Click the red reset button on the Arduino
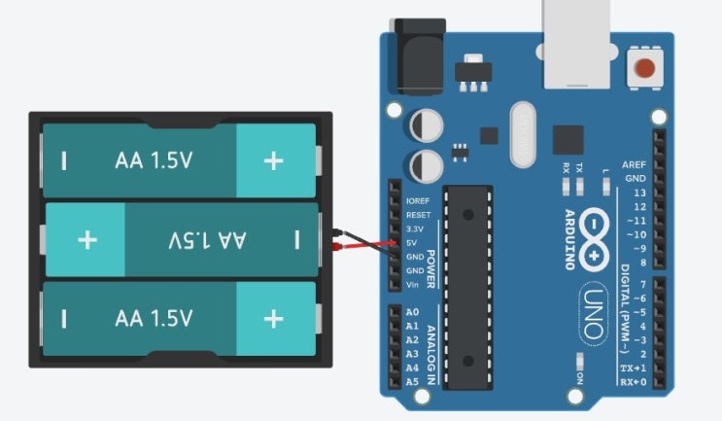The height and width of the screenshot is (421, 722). pos(643,69)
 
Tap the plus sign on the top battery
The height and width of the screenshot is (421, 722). pos(274,159)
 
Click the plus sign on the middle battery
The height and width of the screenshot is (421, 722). pos(87,239)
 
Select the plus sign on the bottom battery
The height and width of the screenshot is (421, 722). pos(274,318)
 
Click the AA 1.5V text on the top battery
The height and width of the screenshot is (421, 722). pos(154,159)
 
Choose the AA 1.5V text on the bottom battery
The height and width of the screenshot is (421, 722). pos(154,318)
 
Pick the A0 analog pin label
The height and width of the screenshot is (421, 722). pos(411,312)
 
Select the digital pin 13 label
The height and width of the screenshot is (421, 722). pos(638,193)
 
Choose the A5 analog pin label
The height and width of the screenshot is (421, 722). pos(411,382)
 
